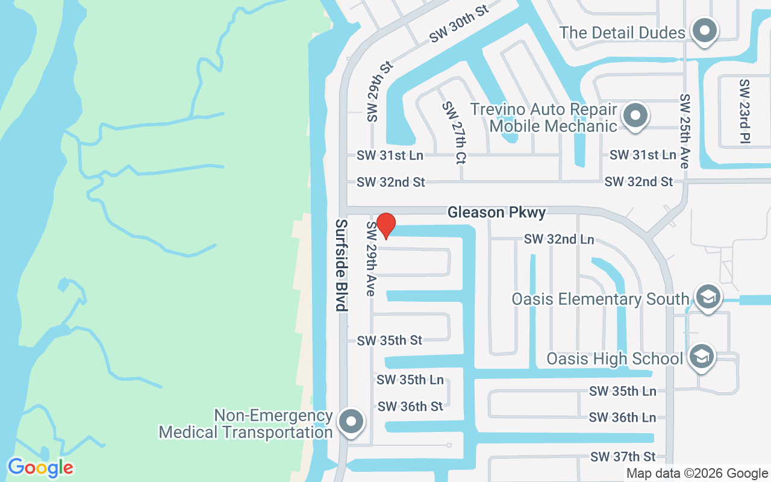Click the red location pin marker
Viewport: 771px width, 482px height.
pyautogui.click(x=385, y=226)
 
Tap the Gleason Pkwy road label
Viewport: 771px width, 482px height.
pyautogui.click(x=496, y=212)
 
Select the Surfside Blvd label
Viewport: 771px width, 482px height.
pyautogui.click(x=342, y=265)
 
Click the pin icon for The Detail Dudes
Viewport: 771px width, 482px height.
pyautogui.click(x=704, y=31)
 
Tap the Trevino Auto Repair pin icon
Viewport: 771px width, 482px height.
pyautogui.click(x=634, y=116)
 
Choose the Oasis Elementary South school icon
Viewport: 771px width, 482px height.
pyautogui.click(x=708, y=297)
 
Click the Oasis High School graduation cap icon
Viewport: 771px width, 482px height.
pyautogui.click(x=701, y=357)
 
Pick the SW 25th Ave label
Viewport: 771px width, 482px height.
pyautogui.click(x=684, y=131)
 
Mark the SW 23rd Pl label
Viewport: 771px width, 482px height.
pyautogui.click(x=745, y=111)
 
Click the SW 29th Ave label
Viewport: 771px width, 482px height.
pyautogui.click(x=371, y=258)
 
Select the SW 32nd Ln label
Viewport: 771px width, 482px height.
pyautogui.click(x=559, y=239)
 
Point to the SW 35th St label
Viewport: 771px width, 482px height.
pyautogui.click(x=390, y=340)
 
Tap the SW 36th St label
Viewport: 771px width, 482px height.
pyautogui.click(x=410, y=407)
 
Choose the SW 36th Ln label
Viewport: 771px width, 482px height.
pyautogui.click(x=622, y=417)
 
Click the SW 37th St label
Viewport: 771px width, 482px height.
pyautogui.click(x=623, y=457)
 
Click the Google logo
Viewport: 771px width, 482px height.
pyautogui.click(x=40, y=468)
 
